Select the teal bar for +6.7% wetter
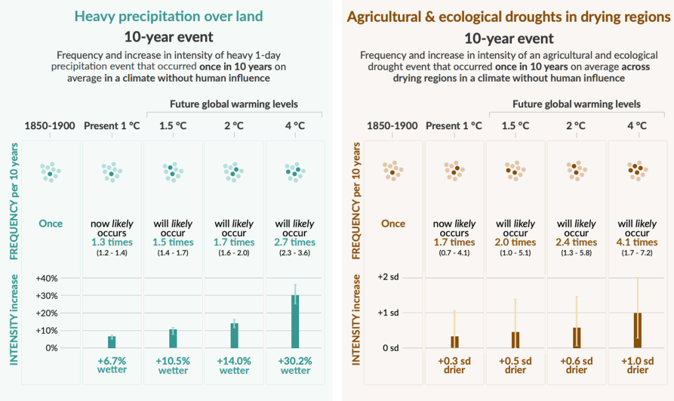coord(112,342)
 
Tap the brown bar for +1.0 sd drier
coord(637,330)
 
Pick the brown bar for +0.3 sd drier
coord(455,342)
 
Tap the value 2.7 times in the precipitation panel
coord(295,242)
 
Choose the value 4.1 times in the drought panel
coord(637,242)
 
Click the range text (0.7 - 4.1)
coord(455,252)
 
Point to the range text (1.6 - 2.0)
coord(235,252)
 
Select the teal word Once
coord(51,224)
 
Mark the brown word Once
coord(393,224)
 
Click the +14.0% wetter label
coord(235,365)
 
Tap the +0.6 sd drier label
coord(576,365)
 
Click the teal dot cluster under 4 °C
coord(295,172)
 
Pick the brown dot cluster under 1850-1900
coord(393,172)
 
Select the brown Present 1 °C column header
coord(455,126)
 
